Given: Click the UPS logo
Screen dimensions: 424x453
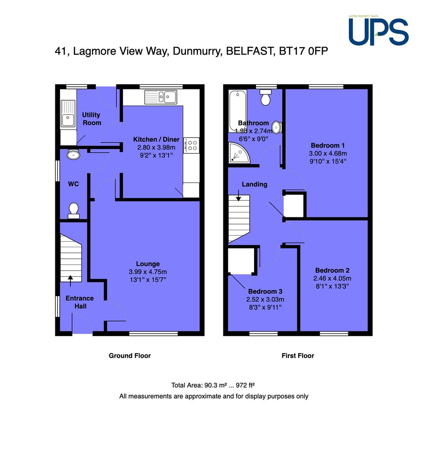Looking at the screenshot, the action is (378, 31).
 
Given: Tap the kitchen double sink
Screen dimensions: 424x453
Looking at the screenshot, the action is (160, 97).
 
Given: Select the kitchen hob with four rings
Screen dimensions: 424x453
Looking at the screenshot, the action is (191, 145).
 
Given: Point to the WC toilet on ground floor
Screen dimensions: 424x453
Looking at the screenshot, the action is (73, 211).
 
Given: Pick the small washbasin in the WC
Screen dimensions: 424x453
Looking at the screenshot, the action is (73, 154).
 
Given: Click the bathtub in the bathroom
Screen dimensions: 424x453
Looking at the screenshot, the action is (238, 111).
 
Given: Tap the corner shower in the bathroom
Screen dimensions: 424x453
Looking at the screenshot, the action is (238, 153).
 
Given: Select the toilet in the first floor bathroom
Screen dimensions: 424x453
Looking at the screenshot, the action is (265, 97).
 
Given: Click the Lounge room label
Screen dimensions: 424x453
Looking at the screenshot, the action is (148, 264).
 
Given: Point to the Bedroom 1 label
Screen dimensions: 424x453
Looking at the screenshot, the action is (328, 145).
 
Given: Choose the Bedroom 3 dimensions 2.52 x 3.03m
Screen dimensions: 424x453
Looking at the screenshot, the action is (265, 299).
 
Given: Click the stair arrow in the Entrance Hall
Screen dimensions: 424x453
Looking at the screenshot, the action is (70, 281).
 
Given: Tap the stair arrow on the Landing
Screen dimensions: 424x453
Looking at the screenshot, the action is (238, 195).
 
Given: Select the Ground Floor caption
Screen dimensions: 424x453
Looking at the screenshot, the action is (130, 356).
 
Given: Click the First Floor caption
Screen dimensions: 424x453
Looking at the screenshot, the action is (298, 356).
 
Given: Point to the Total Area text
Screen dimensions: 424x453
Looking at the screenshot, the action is (213, 385).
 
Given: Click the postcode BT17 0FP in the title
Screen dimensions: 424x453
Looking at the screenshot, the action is (304, 51).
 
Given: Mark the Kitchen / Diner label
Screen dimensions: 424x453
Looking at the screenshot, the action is (156, 139).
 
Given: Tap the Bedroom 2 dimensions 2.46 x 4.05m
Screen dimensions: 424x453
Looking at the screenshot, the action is (332, 279).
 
